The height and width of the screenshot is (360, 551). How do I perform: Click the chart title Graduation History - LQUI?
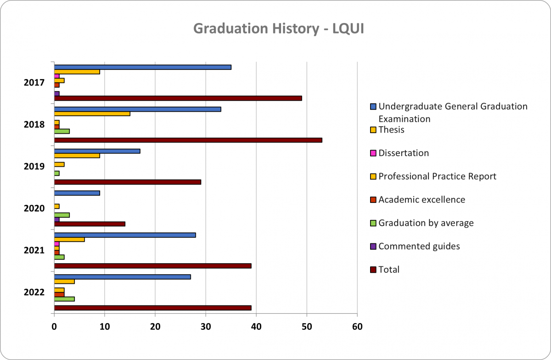279,28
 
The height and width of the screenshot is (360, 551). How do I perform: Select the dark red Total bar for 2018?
188,140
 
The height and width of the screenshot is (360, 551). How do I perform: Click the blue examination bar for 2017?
143,67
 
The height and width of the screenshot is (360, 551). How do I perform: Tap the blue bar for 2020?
77,193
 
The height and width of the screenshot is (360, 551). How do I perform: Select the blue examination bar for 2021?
125,235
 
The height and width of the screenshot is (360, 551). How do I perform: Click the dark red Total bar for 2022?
153,308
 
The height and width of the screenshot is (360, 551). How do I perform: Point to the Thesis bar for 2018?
92,114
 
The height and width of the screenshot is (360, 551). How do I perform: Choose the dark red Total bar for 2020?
90,224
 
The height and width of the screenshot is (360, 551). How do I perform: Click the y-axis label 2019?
34,166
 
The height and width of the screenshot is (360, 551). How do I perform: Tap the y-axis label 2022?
34,292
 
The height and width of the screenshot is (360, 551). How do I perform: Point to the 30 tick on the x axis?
206,327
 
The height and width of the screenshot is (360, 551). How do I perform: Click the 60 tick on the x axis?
357,327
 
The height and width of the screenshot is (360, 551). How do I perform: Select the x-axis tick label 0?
54,327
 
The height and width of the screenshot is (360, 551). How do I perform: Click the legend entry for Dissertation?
404,153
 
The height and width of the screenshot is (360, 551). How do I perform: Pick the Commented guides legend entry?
419,246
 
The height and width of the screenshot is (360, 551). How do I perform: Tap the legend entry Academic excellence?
422,200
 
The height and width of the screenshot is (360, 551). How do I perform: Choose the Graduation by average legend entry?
426,223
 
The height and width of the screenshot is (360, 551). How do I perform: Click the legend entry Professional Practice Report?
437,176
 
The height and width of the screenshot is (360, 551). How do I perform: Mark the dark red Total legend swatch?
373,270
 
